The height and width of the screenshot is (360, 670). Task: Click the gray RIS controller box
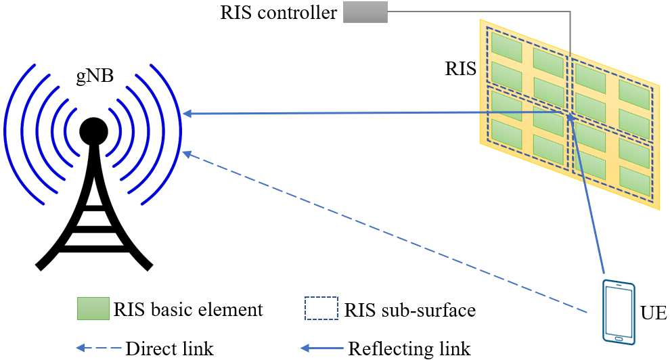[365, 12]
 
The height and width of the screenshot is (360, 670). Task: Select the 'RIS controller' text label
[279, 13]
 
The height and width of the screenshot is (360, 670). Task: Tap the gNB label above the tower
[93, 74]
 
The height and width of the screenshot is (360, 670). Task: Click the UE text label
[652, 313]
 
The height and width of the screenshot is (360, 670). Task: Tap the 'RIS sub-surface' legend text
[410, 311]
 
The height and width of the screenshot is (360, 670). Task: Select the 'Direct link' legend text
[170, 349]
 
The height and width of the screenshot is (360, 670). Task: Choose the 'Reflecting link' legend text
[409, 349]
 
